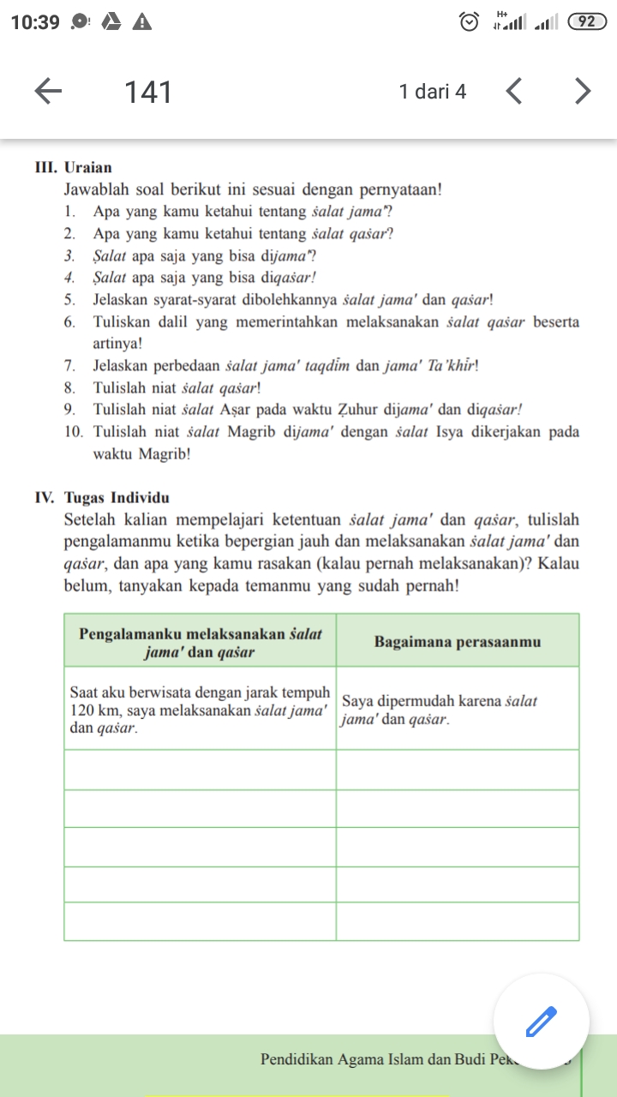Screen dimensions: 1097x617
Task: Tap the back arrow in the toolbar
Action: pyautogui.click(x=49, y=91)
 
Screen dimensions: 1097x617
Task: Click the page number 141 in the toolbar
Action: pyautogui.click(x=148, y=92)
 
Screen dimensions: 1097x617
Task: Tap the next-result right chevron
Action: pyautogui.click(x=583, y=91)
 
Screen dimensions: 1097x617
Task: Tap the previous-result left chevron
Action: pyautogui.click(x=513, y=91)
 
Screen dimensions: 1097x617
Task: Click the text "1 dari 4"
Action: pyautogui.click(x=433, y=92)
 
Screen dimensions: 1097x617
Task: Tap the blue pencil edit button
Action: pyautogui.click(x=541, y=1022)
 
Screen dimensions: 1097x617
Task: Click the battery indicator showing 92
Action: pyautogui.click(x=587, y=22)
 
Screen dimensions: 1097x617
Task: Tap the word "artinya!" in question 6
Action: pyautogui.click(x=118, y=343)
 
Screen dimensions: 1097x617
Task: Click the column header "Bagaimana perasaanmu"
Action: pyautogui.click(x=458, y=642)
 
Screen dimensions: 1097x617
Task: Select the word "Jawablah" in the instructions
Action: pyautogui.click(x=94, y=189)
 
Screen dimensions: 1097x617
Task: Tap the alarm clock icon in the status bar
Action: pyautogui.click(x=469, y=22)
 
